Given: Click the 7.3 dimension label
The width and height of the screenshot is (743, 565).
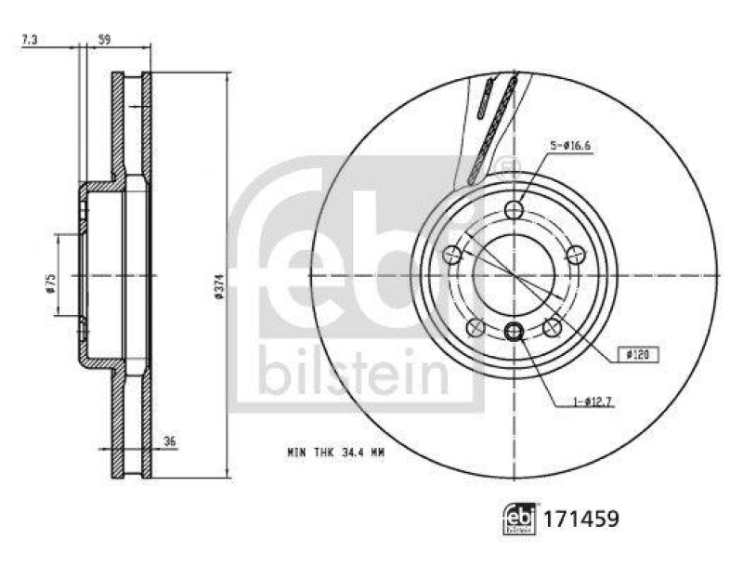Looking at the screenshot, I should pos(31,40).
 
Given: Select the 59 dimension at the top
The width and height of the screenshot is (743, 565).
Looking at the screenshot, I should pos(105,40).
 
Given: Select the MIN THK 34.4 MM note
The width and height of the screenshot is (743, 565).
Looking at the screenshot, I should pos(335,453).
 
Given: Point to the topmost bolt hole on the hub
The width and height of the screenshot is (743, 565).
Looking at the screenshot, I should pos(515,210).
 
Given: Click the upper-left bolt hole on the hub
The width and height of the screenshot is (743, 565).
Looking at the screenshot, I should pos(453,254).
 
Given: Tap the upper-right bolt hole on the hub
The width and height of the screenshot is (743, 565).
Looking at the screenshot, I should pos(576,254).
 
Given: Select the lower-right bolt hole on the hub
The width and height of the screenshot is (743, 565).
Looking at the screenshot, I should pos(553,326).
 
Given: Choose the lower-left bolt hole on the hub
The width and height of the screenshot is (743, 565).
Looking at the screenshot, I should pos(476,326).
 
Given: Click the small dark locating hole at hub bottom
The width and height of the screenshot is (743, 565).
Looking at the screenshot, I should pos(515,332).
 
